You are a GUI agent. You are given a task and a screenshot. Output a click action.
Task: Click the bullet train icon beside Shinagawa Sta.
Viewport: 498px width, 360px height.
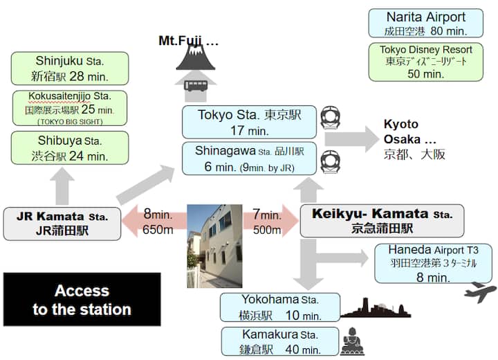pyautogui.click(x=329, y=162)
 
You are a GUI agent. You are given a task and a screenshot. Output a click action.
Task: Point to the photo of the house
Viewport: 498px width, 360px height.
pyautogui.click(x=214, y=246)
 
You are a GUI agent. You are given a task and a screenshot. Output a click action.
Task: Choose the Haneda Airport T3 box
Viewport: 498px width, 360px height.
pyautogui.click(x=433, y=263)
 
